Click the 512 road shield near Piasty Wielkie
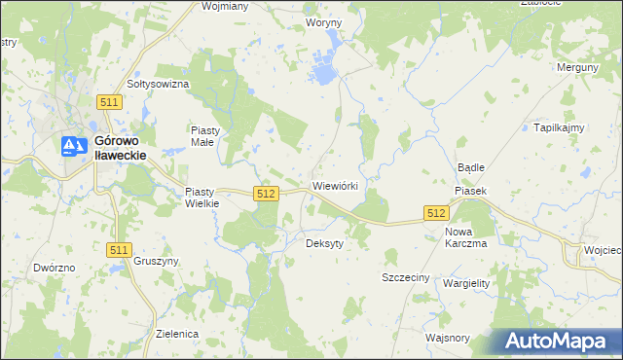pyautogui.click(x=265, y=195)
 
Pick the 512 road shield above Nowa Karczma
pyautogui.click(x=435, y=212)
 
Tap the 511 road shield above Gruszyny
pyautogui.click(x=118, y=250)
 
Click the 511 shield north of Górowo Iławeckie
pyautogui.click(x=109, y=102)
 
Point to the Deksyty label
pyautogui.click(x=325, y=243)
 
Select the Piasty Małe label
pyautogui.click(x=206, y=135)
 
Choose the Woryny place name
pyautogui.click(x=323, y=21)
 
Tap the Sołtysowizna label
pyautogui.click(x=158, y=84)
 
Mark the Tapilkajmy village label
pyautogui.click(x=558, y=127)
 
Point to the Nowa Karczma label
pyautogui.click(x=465, y=237)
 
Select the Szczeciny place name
pyautogui.click(x=405, y=277)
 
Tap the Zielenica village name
pyautogui.click(x=177, y=334)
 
